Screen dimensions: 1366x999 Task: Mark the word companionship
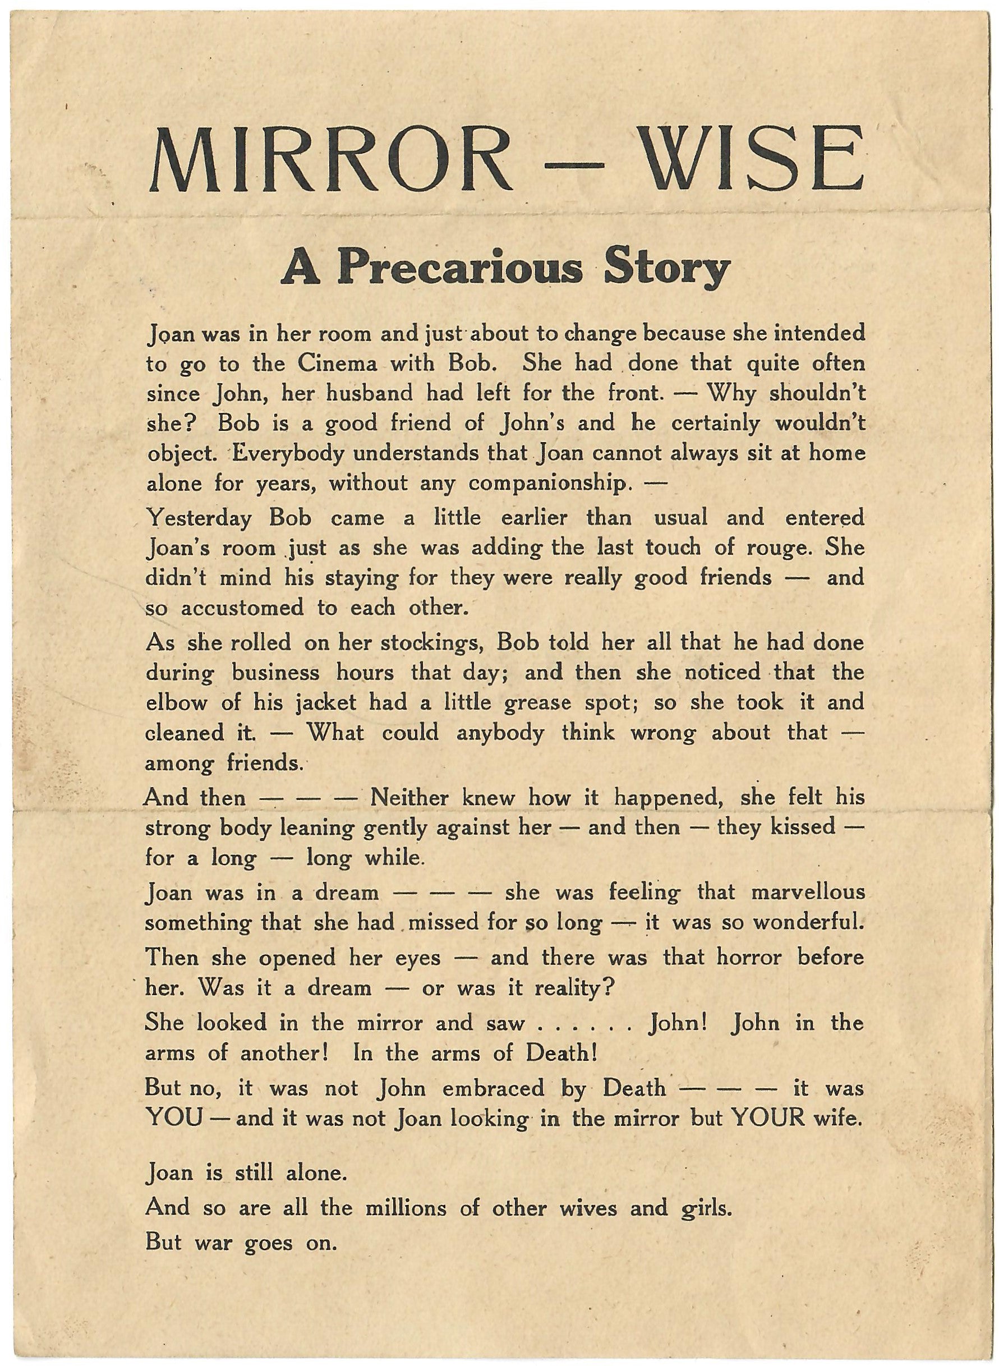(x=547, y=484)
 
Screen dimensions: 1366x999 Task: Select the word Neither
(x=409, y=798)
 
